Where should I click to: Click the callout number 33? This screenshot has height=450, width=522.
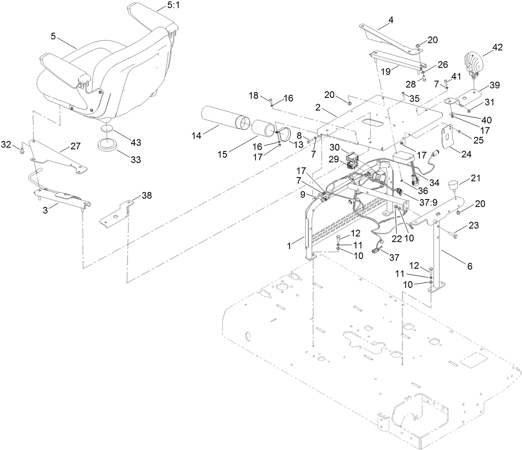(136, 160)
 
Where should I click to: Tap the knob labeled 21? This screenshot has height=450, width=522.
(453, 185)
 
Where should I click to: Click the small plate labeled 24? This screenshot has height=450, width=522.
(448, 139)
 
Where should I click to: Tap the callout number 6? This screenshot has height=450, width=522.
(470, 267)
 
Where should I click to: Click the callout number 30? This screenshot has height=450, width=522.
(335, 147)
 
